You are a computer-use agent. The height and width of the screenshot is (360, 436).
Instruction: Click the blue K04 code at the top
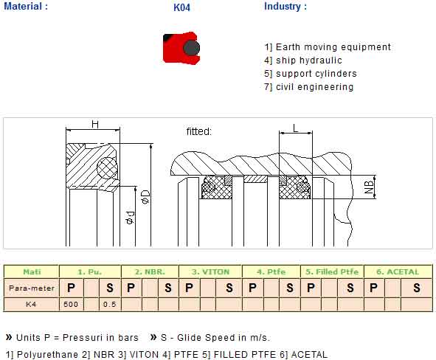pyautogui.click(x=181, y=7)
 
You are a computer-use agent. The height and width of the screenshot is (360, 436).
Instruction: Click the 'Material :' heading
pyautogui.click(x=26, y=6)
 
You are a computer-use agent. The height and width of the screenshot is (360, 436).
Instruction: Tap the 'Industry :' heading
pyautogui.click(x=286, y=7)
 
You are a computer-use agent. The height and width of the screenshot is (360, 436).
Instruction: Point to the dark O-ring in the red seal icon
pyautogui.click(x=191, y=47)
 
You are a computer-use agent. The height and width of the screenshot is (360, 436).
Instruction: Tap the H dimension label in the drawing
pyautogui.click(x=95, y=124)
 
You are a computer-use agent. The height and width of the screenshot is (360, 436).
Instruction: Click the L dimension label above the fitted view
pyautogui.click(x=295, y=128)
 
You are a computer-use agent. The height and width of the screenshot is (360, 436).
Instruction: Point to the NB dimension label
pyautogui.click(x=369, y=187)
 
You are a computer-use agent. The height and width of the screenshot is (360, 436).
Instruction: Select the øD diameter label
pyautogui.click(x=146, y=197)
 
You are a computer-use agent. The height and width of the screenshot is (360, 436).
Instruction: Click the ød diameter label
pyautogui.click(x=130, y=218)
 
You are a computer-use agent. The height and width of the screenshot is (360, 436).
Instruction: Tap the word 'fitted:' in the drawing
pyautogui.click(x=198, y=131)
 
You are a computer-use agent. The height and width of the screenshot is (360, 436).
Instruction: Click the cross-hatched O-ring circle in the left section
pyautogui.click(x=107, y=168)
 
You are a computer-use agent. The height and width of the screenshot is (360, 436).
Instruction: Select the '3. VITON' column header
pyautogui.click(x=210, y=271)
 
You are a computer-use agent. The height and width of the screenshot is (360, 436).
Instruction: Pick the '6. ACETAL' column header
pyautogui.click(x=398, y=271)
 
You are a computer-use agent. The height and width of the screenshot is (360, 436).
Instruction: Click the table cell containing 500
pyautogui.click(x=71, y=305)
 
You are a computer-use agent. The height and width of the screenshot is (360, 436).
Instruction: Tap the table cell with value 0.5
pyautogui.click(x=110, y=305)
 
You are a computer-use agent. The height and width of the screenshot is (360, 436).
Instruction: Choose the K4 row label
pyautogui.click(x=31, y=305)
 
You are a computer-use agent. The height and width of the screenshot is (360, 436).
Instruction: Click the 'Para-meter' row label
pyautogui.click(x=32, y=288)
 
